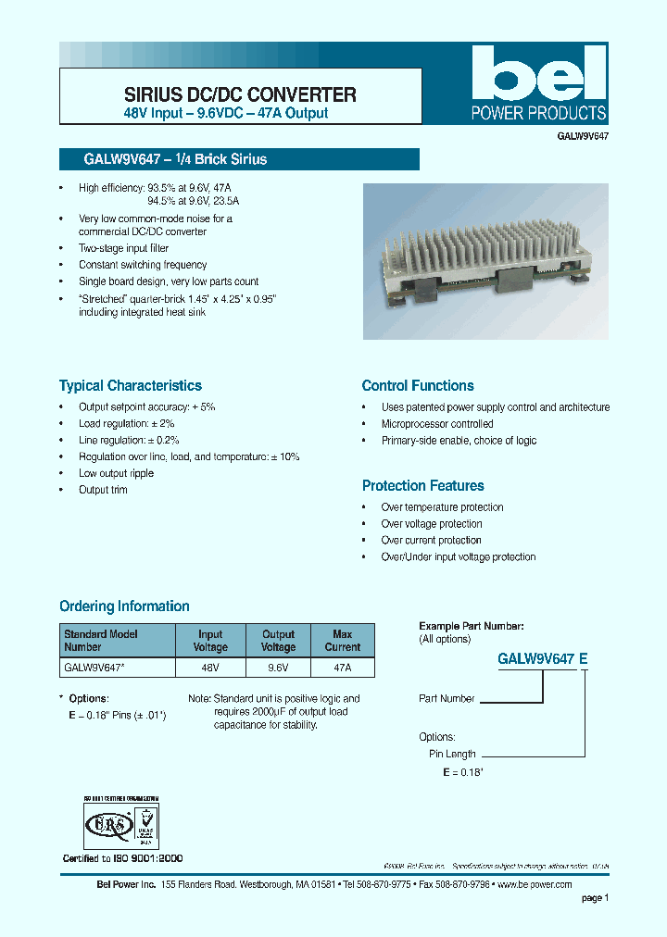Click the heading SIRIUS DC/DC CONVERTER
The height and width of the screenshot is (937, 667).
click(240, 94)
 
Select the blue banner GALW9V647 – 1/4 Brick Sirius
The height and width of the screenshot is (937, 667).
click(239, 159)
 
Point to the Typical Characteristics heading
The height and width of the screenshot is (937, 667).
click(130, 385)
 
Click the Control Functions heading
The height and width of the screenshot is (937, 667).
click(417, 385)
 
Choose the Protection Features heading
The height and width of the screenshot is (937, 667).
click(422, 485)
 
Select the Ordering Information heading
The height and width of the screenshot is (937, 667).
click(124, 606)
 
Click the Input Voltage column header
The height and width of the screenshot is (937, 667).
click(210, 641)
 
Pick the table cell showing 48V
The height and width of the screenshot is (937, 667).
click(210, 667)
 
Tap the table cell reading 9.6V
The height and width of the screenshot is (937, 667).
click(278, 667)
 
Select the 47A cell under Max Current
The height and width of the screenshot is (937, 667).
click(342, 667)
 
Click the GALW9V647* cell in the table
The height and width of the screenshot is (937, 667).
click(118, 667)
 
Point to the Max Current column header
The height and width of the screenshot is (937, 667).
click(342, 641)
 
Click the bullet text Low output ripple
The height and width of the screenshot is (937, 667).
click(116, 473)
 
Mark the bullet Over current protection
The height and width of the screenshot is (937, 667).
click(431, 540)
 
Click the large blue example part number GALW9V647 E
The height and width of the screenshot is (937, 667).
click(543, 659)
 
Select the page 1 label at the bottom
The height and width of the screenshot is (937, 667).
click(595, 897)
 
